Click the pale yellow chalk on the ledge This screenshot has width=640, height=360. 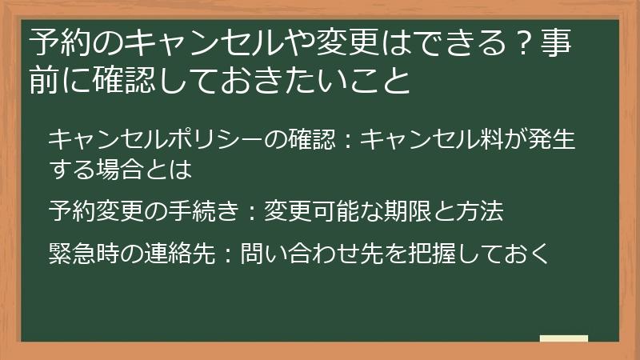pos(564,338)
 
